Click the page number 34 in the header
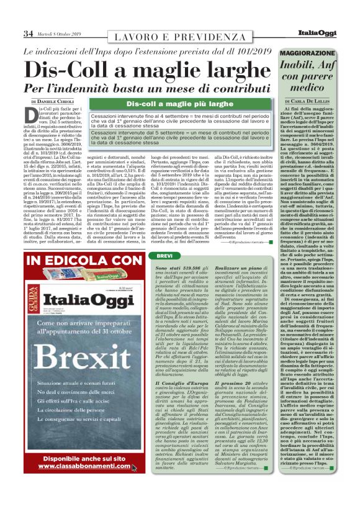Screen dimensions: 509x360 point(29,33)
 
